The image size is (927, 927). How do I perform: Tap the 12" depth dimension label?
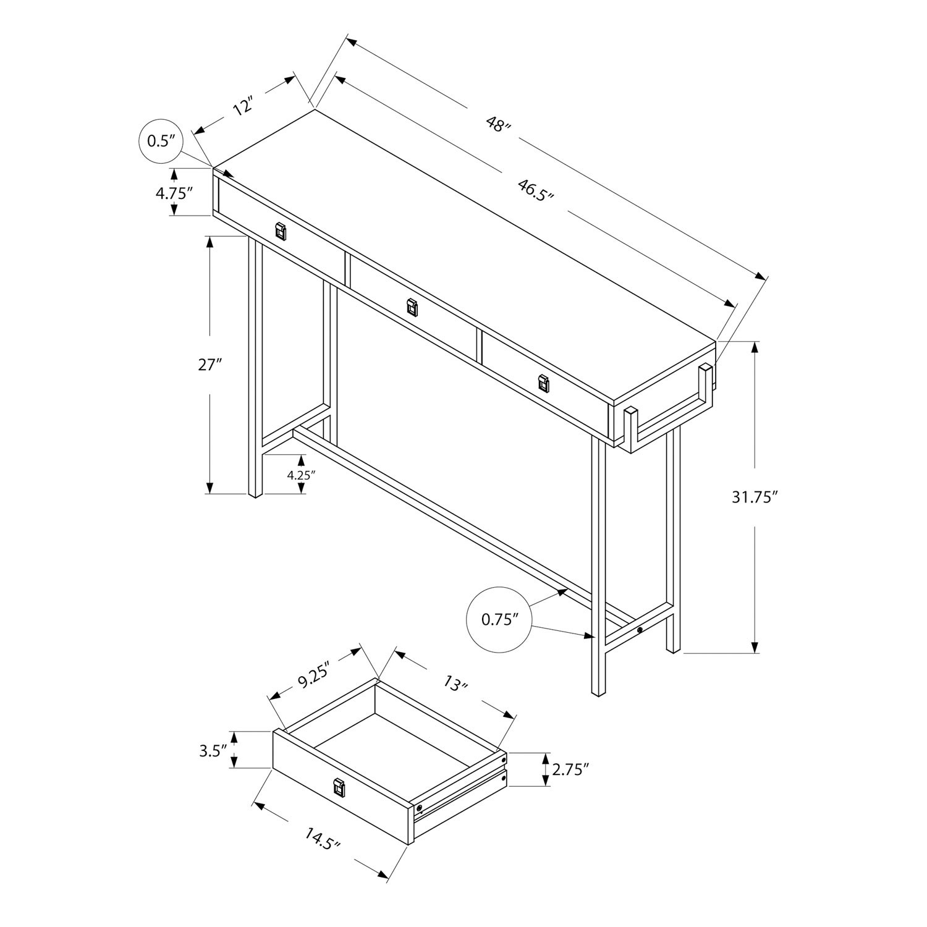[243, 106]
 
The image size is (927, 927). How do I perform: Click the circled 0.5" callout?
[158, 142]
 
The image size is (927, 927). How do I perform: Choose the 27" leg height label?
[210, 365]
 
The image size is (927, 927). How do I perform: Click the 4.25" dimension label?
[301, 475]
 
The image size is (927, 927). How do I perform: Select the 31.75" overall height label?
[754, 497]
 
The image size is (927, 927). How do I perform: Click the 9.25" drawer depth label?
[315, 681]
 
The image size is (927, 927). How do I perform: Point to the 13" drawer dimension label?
[455, 684]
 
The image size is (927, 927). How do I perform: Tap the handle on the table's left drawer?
[281, 231]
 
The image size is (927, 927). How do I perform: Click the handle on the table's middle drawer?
[412, 307]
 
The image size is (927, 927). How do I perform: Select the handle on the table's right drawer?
[543, 383]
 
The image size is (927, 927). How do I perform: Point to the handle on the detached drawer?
[339, 787]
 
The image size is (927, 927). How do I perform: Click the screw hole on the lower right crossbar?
[640, 630]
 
